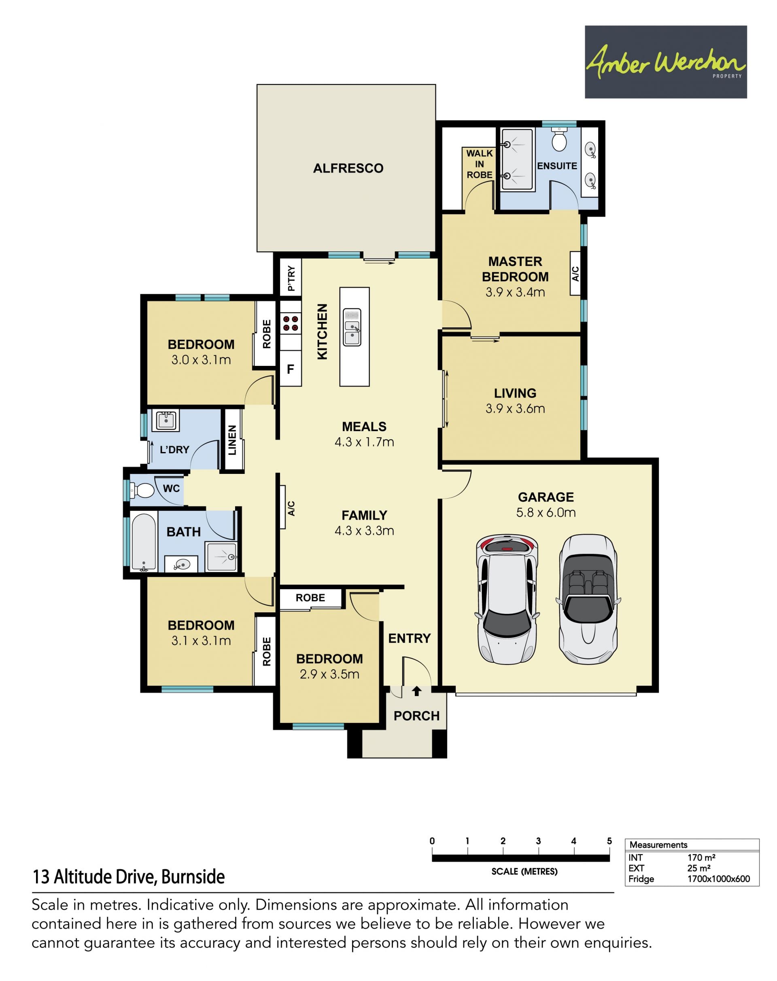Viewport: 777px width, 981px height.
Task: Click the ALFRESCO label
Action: [348, 168]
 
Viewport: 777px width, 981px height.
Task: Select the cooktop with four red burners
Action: [291, 323]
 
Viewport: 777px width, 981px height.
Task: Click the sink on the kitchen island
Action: [352, 327]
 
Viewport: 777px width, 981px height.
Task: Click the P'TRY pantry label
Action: [291, 278]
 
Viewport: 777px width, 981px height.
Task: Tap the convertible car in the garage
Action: [588, 600]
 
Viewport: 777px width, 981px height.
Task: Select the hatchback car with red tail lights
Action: [507, 600]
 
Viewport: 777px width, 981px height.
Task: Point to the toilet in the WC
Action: [142, 491]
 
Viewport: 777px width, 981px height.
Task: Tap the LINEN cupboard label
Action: [232, 440]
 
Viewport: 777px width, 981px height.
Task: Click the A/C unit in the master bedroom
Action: [575, 274]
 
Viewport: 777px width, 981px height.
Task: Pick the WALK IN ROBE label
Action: [480, 164]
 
